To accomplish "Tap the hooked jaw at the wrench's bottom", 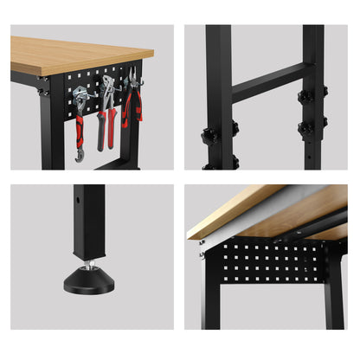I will (80, 155).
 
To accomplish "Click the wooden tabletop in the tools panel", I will (78, 54).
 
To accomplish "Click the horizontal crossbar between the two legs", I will (267, 83).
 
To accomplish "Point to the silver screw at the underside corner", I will (201, 254).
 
